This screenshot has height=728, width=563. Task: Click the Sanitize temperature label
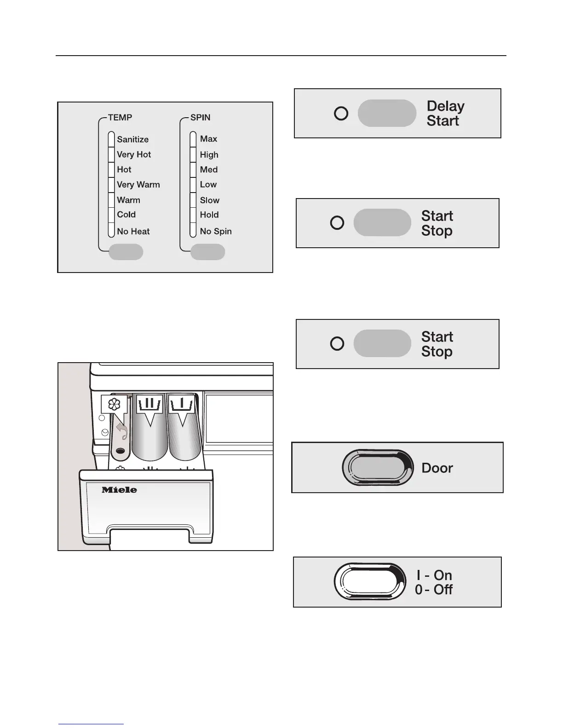tap(132, 139)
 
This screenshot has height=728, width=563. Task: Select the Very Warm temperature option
tap(138, 185)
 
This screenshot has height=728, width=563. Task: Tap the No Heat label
tap(133, 232)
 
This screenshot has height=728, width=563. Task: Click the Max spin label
tap(208, 139)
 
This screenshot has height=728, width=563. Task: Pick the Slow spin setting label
tap(209, 200)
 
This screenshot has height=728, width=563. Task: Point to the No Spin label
tap(215, 232)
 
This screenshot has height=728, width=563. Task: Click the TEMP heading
tap(120, 118)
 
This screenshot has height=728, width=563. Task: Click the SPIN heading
tap(200, 118)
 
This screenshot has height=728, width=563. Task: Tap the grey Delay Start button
tap(387, 113)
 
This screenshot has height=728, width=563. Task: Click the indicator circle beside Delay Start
tap(341, 114)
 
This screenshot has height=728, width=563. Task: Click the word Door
tap(437, 468)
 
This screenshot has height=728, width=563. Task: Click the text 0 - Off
tap(433, 590)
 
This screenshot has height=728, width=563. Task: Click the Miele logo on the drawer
tap(119, 490)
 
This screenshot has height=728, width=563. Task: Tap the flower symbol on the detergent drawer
tap(113, 404)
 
